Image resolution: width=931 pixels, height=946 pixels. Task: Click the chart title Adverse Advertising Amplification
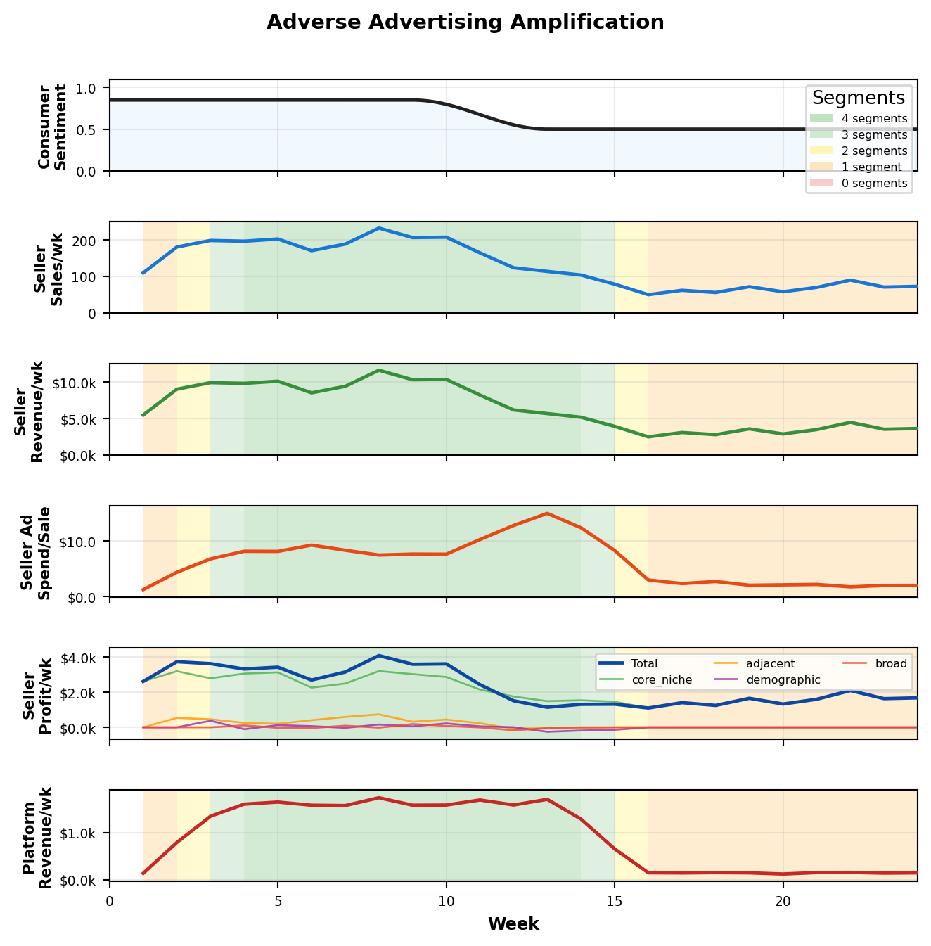(465, 23)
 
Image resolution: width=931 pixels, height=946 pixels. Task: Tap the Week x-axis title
(513, 924)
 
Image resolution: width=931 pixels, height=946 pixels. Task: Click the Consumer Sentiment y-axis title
(52, 127)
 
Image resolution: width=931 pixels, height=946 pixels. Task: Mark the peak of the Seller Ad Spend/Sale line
(547, 513)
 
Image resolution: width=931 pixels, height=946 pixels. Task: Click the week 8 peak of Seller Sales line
(379, 228)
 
